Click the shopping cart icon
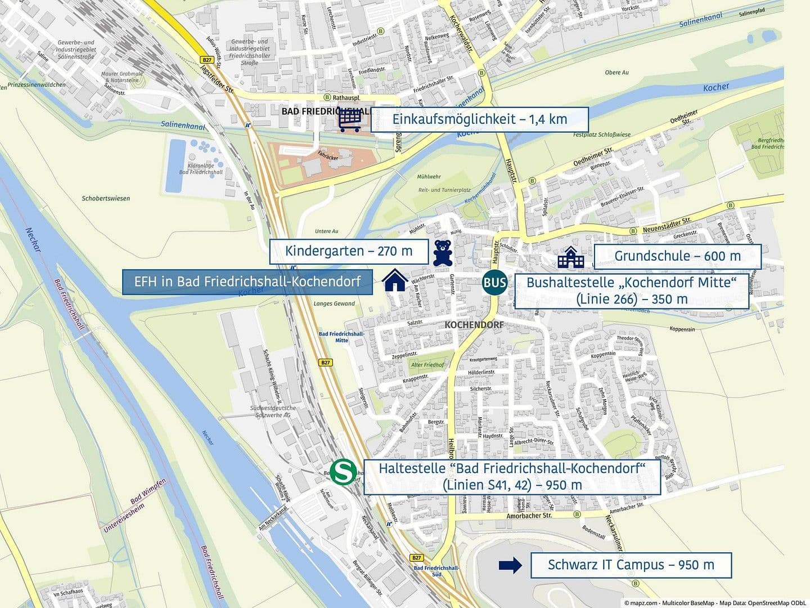(x=350, y=120)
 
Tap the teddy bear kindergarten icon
(x=443, y=253)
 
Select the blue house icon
(x=395, y=280)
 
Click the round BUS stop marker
(x=494, y=283)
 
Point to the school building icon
(x=571, y=257)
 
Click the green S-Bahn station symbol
(x=342, y=472)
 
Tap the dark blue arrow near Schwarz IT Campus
(x=510, y=566)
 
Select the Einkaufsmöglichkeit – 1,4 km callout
(x=480, y=119)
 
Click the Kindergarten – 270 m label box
(x=349, y=251)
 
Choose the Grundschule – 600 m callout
(x=677, y=256)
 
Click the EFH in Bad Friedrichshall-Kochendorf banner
(x=247, y=281)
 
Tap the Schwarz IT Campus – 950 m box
(x=631, y=565)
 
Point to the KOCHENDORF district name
(x=474, y=325)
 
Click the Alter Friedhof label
(x=427, y=365)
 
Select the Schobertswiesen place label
(x=106, y=198)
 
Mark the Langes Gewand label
(x=334, y=303)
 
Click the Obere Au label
(x=616, y=72)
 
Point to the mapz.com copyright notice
(x=714, y=602)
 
